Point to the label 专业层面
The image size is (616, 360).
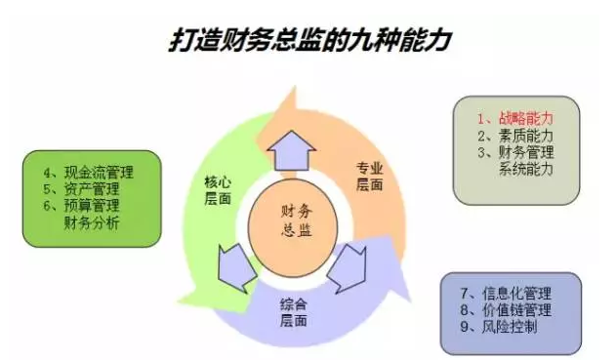pos(371,176)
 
